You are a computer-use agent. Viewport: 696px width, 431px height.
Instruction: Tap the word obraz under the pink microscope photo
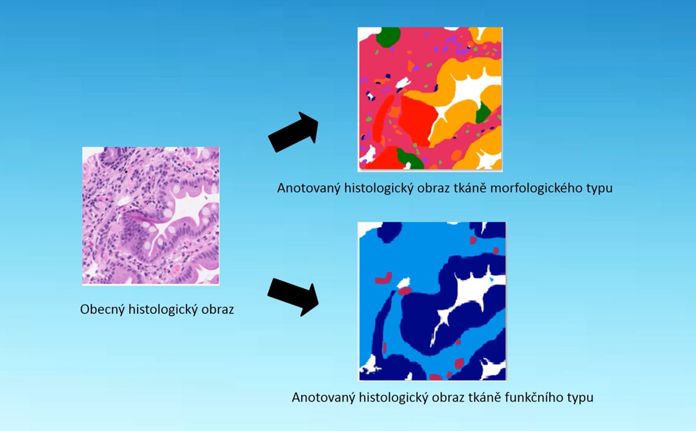click(217, 309)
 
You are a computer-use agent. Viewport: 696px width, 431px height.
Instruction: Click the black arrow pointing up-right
click(294, 132)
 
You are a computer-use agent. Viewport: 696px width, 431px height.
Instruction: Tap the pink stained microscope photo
click(150, 215)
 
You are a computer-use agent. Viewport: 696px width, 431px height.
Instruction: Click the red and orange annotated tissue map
click(430, 99)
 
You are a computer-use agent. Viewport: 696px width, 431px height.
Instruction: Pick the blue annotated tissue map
click(432, 301)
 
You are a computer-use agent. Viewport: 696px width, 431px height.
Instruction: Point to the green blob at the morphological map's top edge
click(388, 37)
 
